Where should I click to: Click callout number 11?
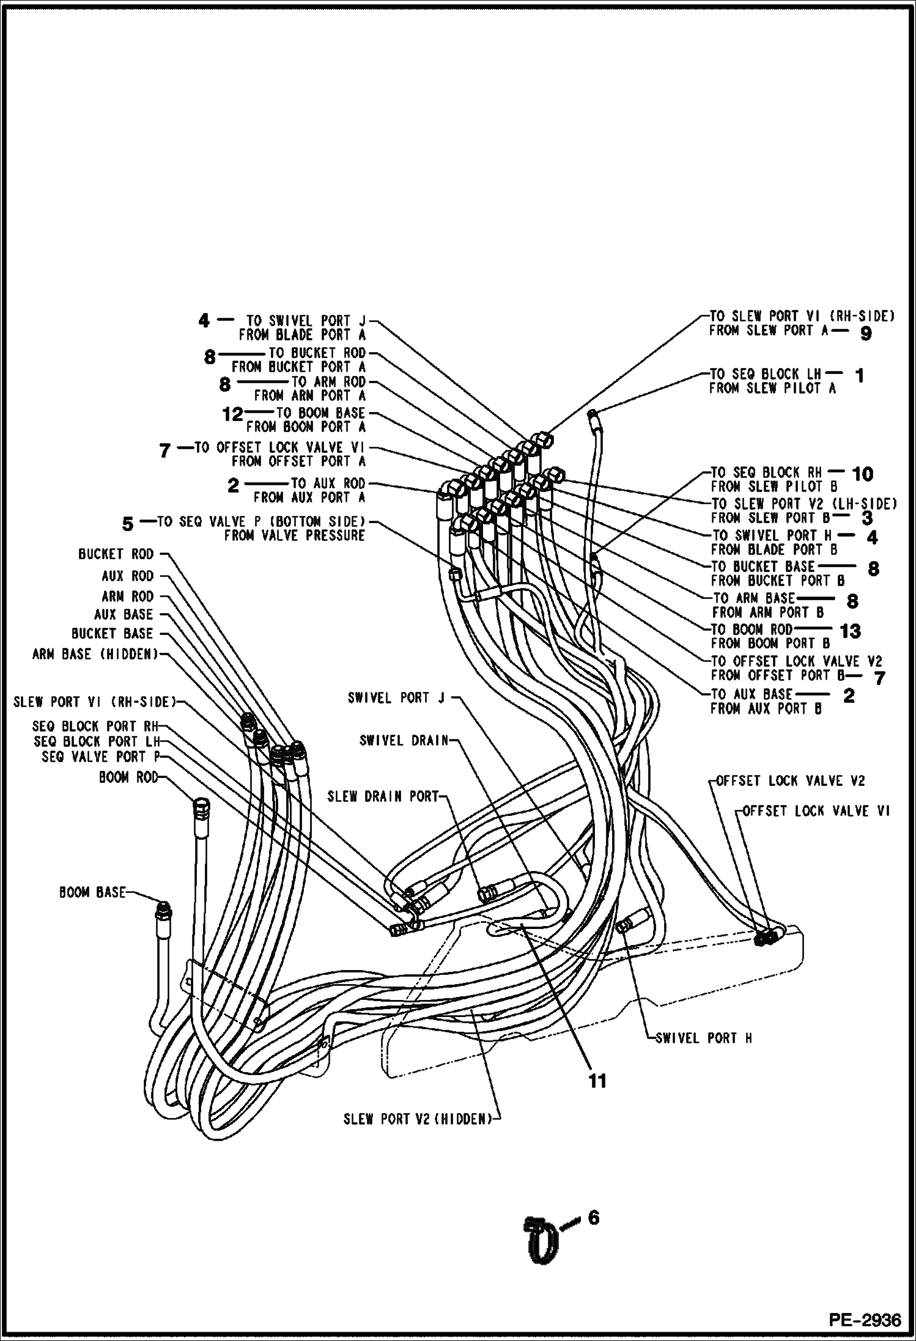coord(597,1081)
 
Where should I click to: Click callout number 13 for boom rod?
coord(850,631)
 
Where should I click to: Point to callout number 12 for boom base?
coord(232,414)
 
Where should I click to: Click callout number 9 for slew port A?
coord(866,333)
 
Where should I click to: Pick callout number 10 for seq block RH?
coord(863,474)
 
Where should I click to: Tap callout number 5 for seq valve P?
coord(127,524)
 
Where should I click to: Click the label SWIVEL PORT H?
coord(703,1038)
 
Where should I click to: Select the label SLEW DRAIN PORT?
coord(383,796)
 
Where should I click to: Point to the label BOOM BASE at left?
coord(92,892)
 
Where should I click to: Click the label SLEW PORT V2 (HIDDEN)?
coord(418,1119)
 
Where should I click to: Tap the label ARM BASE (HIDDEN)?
coord(95,655)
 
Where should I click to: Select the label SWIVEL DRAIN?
coord(404,741)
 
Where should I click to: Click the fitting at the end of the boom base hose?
coord(164,909)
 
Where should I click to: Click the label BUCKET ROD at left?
coord(116,554)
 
